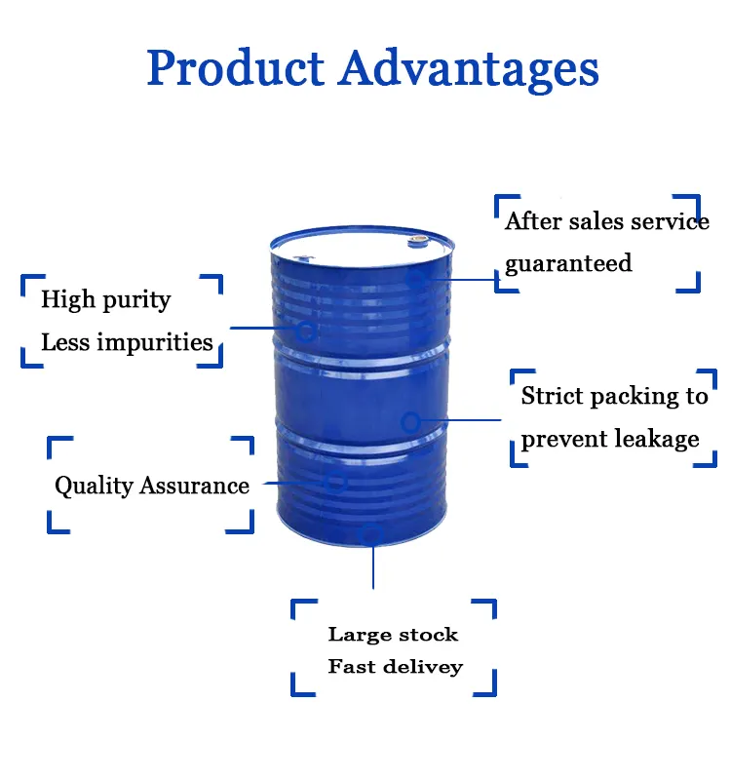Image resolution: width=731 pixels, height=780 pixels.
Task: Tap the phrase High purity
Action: coord(105,299)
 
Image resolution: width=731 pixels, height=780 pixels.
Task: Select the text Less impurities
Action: coord(127,342)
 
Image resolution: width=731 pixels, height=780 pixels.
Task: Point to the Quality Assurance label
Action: coord(151,486)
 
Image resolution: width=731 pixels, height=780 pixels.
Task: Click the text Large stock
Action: coord(393,635)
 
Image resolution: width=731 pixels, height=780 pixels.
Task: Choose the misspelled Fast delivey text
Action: coord(395,667)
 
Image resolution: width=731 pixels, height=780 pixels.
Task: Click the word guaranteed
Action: coord(568,263)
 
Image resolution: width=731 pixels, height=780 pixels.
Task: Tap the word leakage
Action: coord(654,439)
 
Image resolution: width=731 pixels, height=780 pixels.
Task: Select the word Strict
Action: coord(554,396)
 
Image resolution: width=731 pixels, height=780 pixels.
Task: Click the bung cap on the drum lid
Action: coord(418,237)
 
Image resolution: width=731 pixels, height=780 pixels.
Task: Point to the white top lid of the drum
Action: coord(361,247)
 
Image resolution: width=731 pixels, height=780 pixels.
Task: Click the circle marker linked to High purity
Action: coord(305,331)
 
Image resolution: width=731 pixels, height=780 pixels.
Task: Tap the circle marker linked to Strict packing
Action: coord(411,422)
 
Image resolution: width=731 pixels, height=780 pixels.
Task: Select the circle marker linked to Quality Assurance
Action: coord(336,481)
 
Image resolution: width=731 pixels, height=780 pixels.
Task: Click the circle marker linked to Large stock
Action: coord(370,533)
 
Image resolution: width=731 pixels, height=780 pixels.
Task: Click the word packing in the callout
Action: coord(635,396)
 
